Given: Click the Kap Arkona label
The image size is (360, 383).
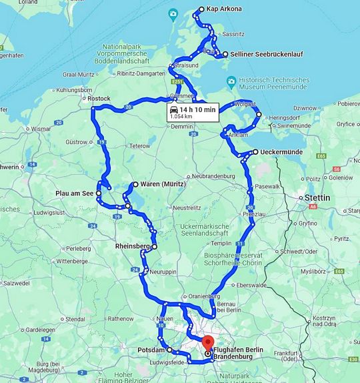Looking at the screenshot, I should point(224,9).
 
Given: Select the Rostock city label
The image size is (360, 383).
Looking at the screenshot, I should point(99,98).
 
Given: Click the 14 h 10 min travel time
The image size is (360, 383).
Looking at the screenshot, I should point(197,109).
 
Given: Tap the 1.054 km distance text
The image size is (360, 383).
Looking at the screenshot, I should point(181,117).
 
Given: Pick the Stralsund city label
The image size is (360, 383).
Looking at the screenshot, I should point(185,66).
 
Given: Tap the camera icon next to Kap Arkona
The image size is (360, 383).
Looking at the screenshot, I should point(173,13).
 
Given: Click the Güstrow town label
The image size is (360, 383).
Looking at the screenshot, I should point(77,142).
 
